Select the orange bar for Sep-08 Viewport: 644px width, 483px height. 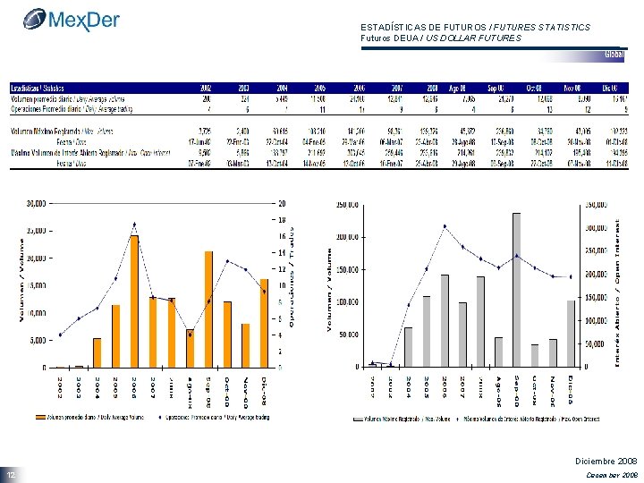pyautogui.click(x=208, y=309)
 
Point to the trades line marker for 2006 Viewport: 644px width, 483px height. pyautogui.click(x=134, y=224)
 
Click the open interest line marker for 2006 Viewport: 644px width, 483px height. pyautogui.click(x=445, y=226)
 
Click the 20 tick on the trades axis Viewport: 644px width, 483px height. pyautogui.click(x=283, y=202)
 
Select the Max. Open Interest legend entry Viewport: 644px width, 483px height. pyautogui.click(x=537, y=418)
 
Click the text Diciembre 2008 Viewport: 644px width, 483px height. pyautogui.click(x=603, y=460)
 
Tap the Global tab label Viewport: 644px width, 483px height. pyautogui.click(x=614, y=54)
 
